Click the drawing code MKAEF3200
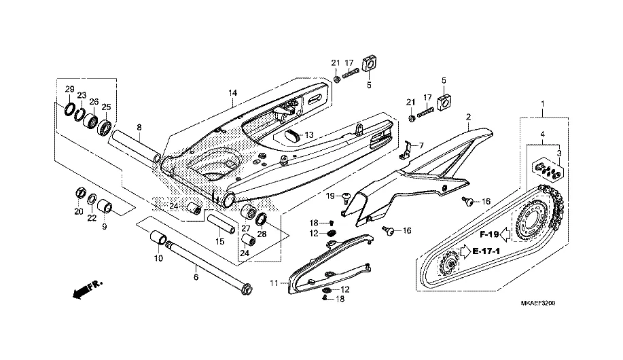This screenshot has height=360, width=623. (538, 303)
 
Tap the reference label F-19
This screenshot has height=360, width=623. (489, 234)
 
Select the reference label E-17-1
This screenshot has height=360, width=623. (486, 251)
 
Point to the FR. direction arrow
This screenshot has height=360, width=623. (88, 289)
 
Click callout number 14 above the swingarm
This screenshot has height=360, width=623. (232, 93)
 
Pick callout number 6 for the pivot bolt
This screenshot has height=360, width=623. (196, 277)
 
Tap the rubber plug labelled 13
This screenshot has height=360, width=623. (293, 136)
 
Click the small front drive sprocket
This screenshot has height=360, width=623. (449, 264)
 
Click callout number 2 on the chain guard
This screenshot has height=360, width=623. (469, 118)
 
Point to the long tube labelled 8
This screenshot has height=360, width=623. (136, 146)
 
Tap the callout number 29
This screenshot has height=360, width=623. (70, 88)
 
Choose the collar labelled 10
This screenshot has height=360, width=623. (158, 237)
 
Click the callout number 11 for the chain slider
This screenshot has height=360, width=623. (274, 283)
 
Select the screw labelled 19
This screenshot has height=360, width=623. (346, 197)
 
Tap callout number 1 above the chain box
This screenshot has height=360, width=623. (543, 104)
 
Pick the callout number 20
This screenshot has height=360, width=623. (79, 211)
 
